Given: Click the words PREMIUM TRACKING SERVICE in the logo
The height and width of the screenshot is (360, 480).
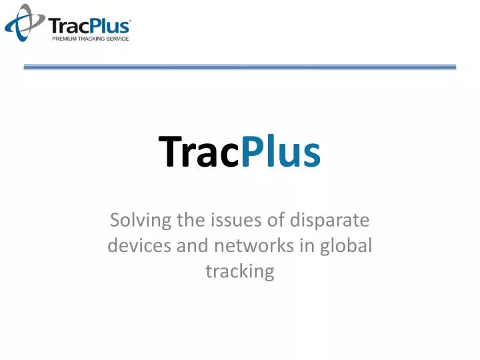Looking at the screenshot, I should tap(90, 39).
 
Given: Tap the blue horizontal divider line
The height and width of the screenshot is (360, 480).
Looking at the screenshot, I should tap(240, 67).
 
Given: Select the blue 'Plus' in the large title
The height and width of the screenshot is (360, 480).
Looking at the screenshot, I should tap(280, 151).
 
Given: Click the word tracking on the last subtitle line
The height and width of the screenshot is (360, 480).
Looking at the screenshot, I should tap(240, 271).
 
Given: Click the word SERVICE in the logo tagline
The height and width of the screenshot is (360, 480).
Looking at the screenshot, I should tap(115, 39).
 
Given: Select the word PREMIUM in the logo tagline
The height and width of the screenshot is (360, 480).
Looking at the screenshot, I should tap(65, 39).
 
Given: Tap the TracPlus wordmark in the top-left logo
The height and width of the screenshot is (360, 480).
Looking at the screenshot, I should tap(90, 26).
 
